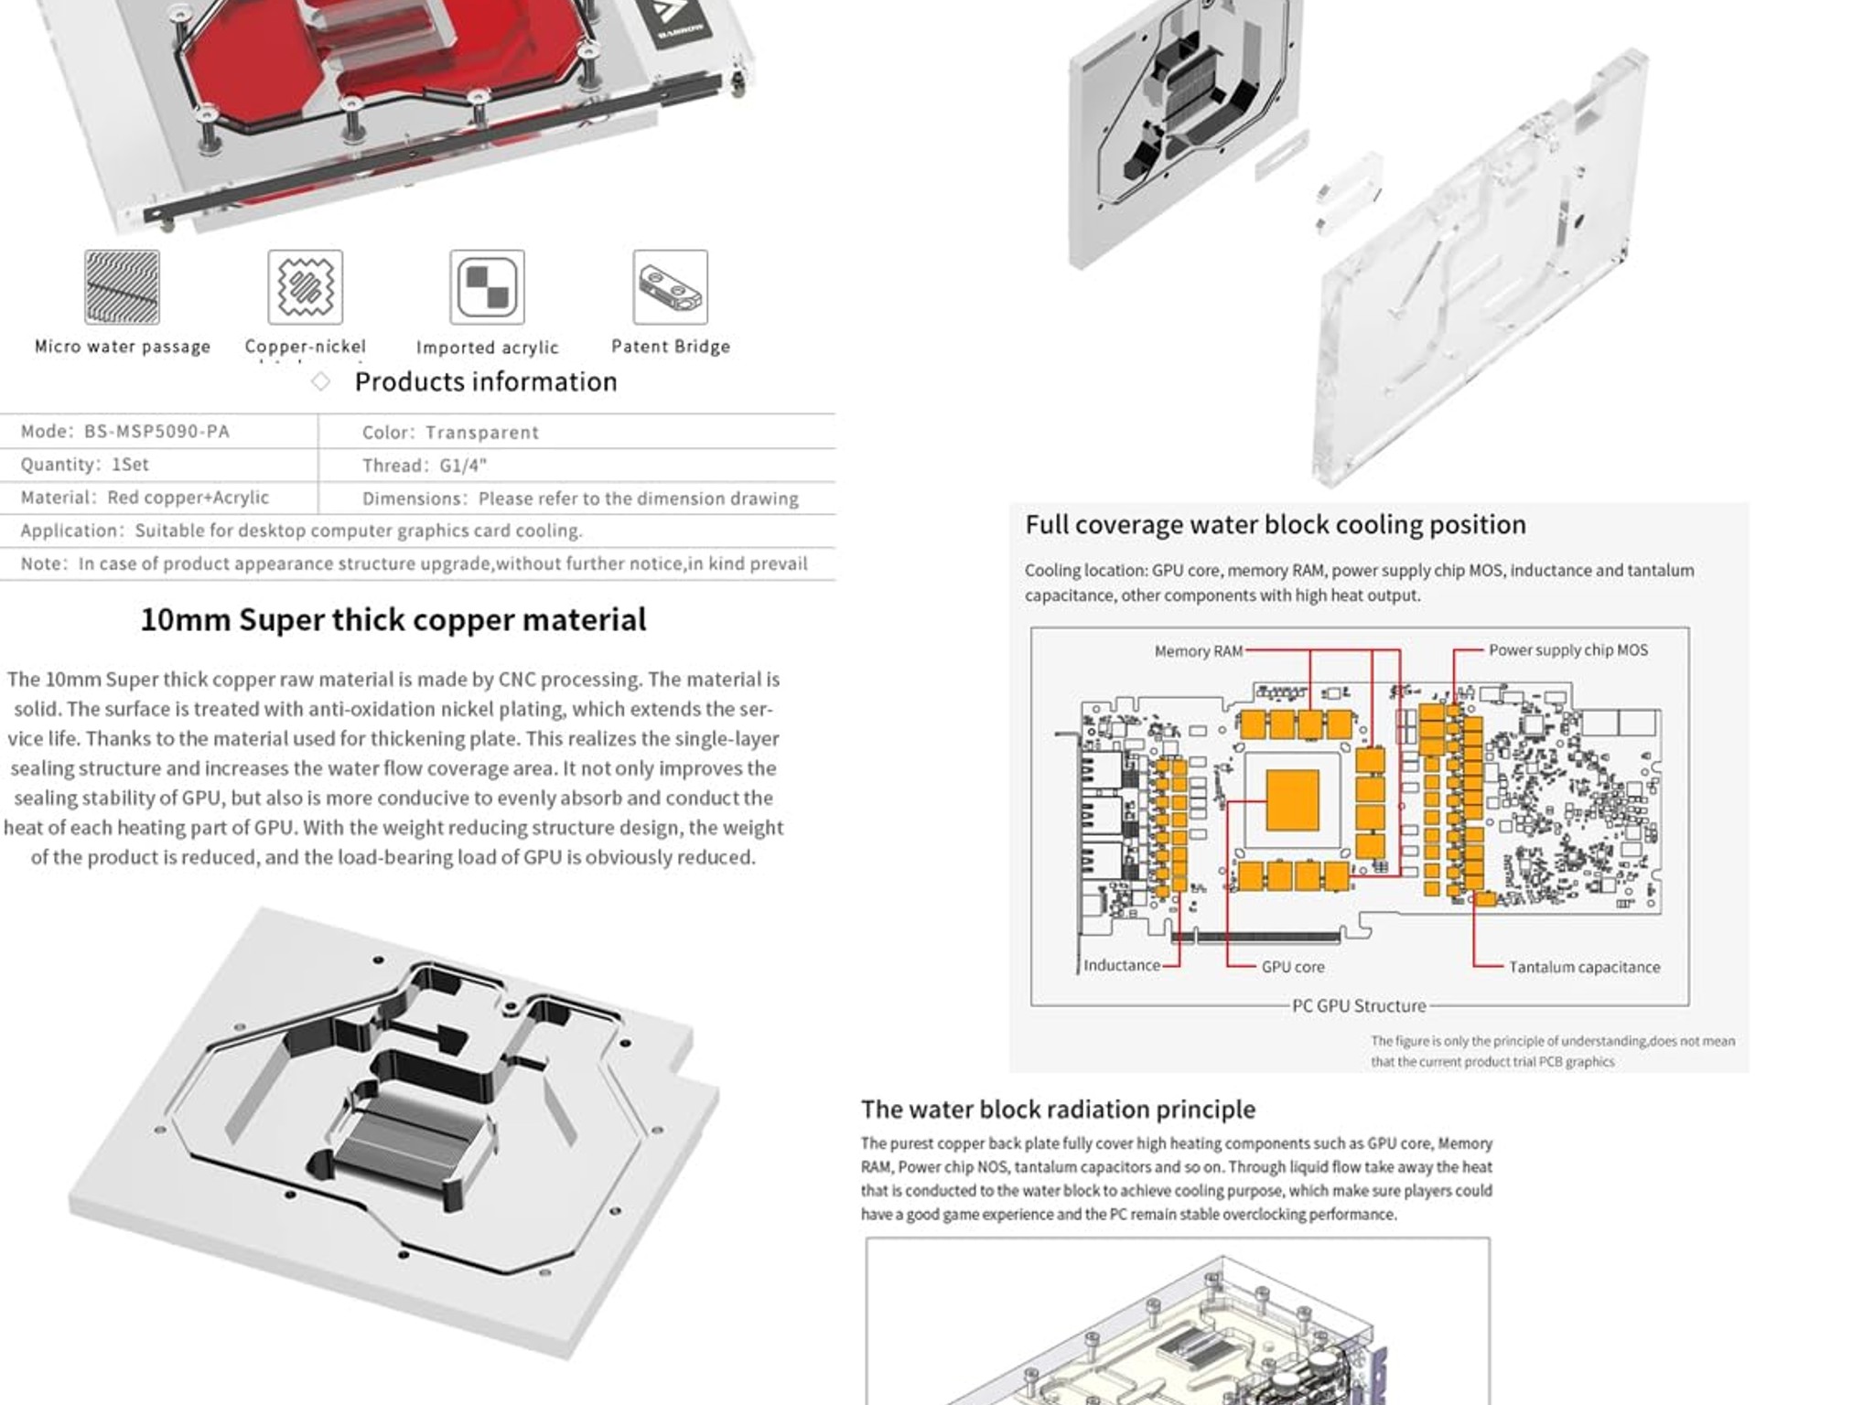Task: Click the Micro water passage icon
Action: (122, 287)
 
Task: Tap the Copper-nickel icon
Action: (305, 287)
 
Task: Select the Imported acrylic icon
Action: (487, 287)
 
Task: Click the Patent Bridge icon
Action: (670, 287)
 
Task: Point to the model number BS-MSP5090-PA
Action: (156, 432)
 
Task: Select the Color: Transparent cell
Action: (450, 433)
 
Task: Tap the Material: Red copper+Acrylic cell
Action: (145, 498)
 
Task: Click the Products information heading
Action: (486, 381)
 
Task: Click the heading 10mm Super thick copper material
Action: (393, 619)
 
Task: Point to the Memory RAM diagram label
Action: (1198, 651)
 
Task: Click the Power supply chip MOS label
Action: (1567, 650)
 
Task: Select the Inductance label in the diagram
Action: (1121, 965)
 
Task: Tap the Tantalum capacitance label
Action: (1583, 967)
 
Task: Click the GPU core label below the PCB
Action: (1292, 967)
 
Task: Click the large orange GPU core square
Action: (1292, 800)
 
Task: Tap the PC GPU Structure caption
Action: (1358, 1005)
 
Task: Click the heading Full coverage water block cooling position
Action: (1275, 525)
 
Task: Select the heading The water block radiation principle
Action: (1057, 1110)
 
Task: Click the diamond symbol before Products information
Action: (320, 381)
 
